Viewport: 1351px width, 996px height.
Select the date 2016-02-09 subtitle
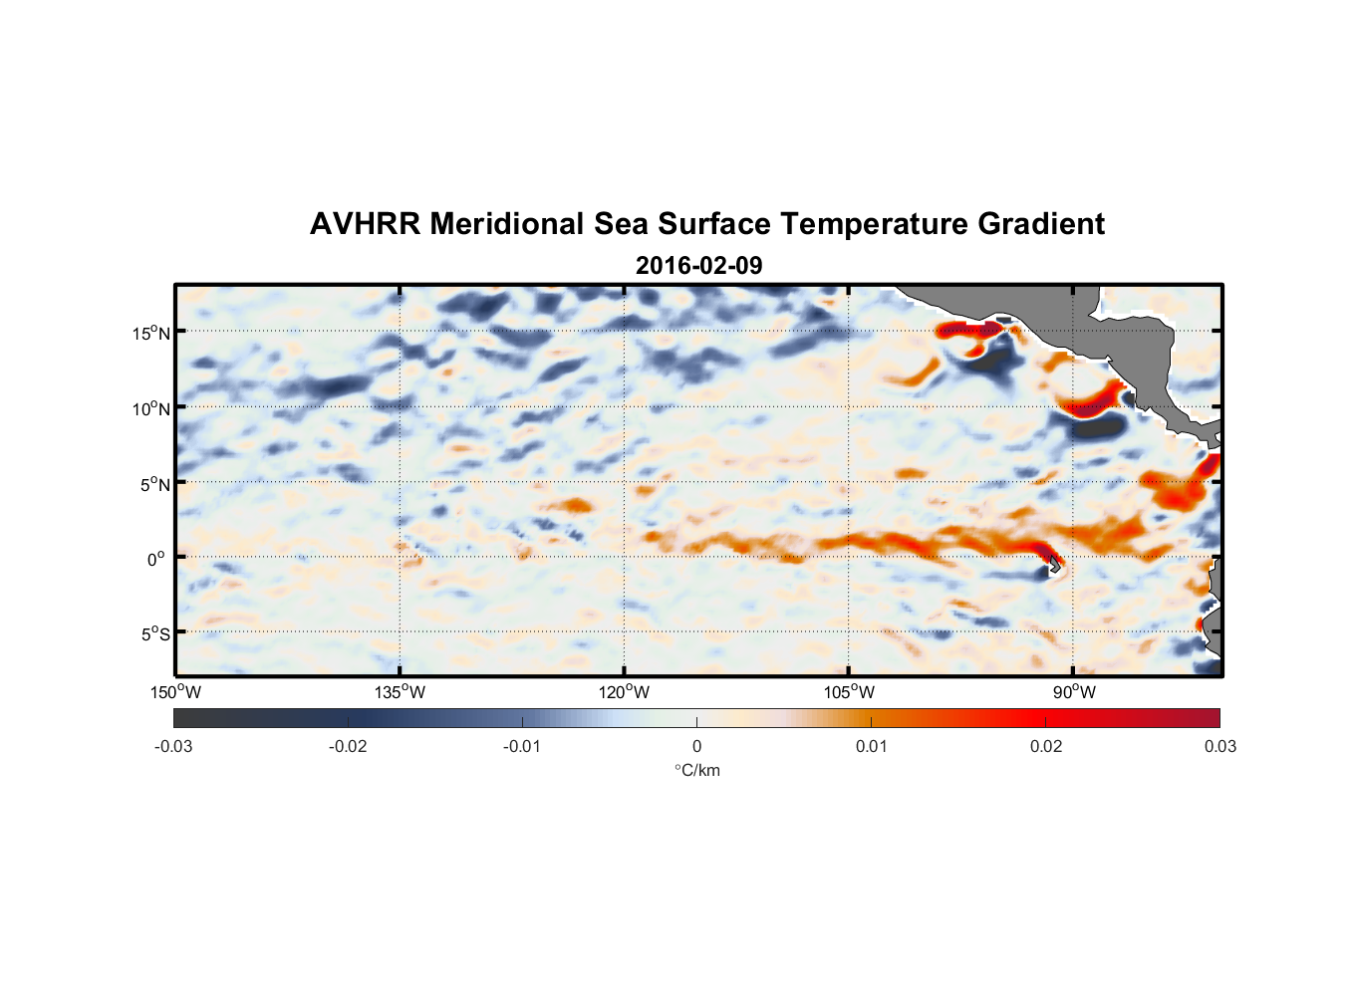698,265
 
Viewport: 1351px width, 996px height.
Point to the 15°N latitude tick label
151,333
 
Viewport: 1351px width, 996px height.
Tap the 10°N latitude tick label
151,408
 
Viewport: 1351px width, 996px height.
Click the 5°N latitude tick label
155,484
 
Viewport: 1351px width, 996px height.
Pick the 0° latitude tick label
156,559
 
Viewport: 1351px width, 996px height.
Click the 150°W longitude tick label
175,692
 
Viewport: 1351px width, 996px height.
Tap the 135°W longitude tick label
400,692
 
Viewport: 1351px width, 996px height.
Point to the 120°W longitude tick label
624,692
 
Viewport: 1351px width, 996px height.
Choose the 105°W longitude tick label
849,692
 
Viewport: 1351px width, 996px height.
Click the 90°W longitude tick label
1074,692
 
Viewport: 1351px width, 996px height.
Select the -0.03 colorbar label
173,746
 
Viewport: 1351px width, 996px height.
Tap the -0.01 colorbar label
522,746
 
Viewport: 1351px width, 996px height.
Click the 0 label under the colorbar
696,746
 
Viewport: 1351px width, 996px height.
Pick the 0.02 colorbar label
1046,746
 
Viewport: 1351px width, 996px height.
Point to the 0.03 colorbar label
1219,746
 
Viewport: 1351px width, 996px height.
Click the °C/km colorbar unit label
697,770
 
